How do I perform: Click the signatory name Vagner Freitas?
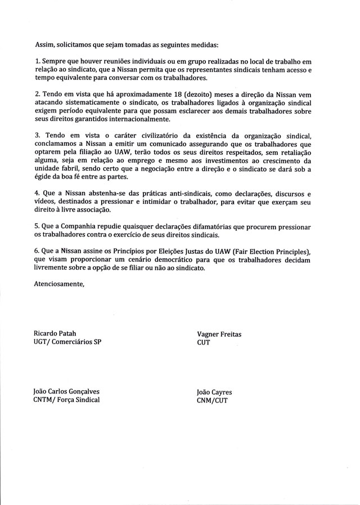point(219,334)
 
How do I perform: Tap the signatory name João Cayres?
point(214,392)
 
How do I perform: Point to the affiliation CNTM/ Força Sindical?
point(67,400)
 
